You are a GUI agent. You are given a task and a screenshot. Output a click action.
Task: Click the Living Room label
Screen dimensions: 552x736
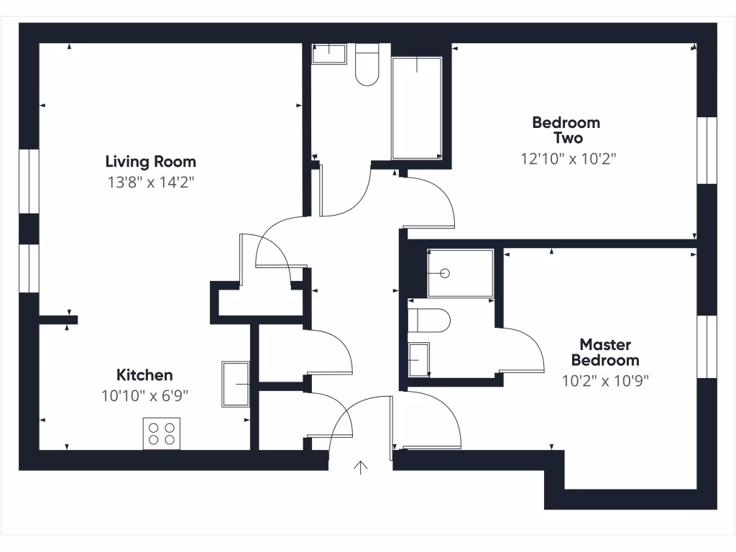click(x=150, y=162)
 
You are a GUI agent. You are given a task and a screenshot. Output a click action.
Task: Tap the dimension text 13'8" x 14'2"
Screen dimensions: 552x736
click(x=150, y=183)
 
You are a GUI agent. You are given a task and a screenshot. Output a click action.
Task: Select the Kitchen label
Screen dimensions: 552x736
click(x=144, y=375)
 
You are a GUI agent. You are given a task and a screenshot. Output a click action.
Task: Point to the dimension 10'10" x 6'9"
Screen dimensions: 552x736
click(x=144, y=395)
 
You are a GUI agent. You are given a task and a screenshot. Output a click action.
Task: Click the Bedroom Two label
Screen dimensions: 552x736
click(x=566, y=130)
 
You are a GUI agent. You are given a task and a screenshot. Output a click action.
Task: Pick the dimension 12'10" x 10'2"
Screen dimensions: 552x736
click(x=569, y=159)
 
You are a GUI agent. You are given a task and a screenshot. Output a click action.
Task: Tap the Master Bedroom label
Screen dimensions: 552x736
click(x=604, y=352)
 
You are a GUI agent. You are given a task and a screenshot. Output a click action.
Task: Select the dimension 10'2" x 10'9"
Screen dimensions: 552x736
click(x=605, y=380)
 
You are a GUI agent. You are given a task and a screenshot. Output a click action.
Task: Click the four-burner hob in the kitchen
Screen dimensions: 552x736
click(x=161, y=433)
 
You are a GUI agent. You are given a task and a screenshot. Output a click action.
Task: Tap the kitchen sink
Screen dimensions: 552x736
click(x=236, y=385)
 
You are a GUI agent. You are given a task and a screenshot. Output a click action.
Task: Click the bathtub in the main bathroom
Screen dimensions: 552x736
click(x=416, y=108)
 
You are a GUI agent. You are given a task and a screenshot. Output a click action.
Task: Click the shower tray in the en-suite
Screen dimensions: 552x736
click(x=460, y=273)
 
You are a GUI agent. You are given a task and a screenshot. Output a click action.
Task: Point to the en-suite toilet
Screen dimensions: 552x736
click(x=430, y=321)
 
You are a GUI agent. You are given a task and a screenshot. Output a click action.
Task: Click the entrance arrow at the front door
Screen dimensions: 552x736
click(x=361, y=468)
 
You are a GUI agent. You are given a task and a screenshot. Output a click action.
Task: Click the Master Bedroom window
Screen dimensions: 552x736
click(x=707, y=346)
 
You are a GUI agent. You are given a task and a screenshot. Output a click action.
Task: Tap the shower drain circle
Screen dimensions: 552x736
click(x=445, y=273)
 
